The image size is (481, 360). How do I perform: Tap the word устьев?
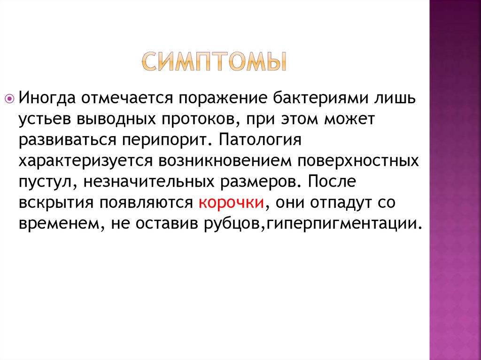(45, 119)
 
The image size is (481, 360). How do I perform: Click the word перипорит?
(169, 140)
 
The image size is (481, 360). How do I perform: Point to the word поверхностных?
(358, 161)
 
